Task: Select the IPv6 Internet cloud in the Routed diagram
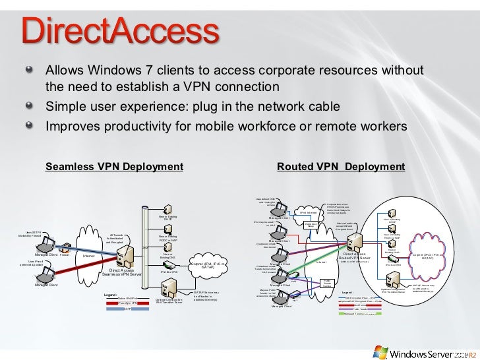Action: pyautogui.click(x=309, y=212)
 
